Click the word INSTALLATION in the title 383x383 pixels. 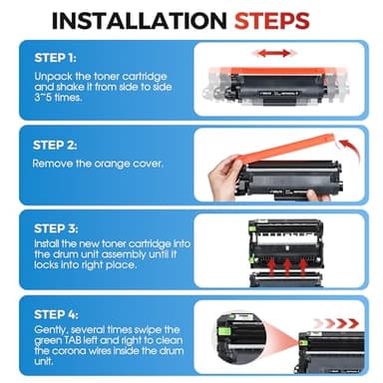point(139,21)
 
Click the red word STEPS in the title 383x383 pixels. point(272,21)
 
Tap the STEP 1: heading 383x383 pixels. point(55,58)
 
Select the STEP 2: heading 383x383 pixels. point(55,146)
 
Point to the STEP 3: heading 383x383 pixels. point(56,228)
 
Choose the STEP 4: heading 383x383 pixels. point(56,314)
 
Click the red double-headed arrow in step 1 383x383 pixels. point(274,53)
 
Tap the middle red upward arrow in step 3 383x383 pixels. point(287,267)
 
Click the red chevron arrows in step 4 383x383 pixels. point(336,323)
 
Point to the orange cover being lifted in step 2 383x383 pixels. point(285,148)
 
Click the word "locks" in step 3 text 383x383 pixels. point(46,265)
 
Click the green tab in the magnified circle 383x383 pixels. point(220,331)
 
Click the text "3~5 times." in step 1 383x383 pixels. point(58,98)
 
